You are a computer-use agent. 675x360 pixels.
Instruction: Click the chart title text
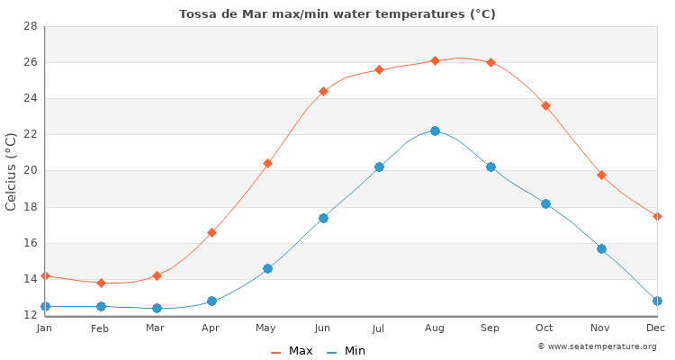point(337,13)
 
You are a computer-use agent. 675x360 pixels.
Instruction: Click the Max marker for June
point(323,91)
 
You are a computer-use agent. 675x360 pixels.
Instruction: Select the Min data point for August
point(435,130)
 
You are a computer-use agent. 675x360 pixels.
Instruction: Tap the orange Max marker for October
point(545,105)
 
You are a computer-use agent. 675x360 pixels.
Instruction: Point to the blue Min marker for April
point(211,301)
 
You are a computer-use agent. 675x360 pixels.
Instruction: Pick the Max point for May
point(267,163)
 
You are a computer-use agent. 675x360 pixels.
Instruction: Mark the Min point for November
point(601,248)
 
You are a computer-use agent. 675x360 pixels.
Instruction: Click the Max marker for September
point(490,62)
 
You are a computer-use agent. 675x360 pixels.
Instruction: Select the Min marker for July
point(379,166)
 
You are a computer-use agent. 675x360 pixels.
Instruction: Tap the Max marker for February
point(101,283)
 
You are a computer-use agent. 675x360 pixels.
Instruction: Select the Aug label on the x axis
point(435,328)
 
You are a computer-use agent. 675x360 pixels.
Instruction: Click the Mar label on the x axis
point(156,328)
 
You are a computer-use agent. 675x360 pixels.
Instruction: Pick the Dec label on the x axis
point(655,328)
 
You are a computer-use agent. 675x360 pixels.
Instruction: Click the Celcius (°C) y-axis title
point(12,171)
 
